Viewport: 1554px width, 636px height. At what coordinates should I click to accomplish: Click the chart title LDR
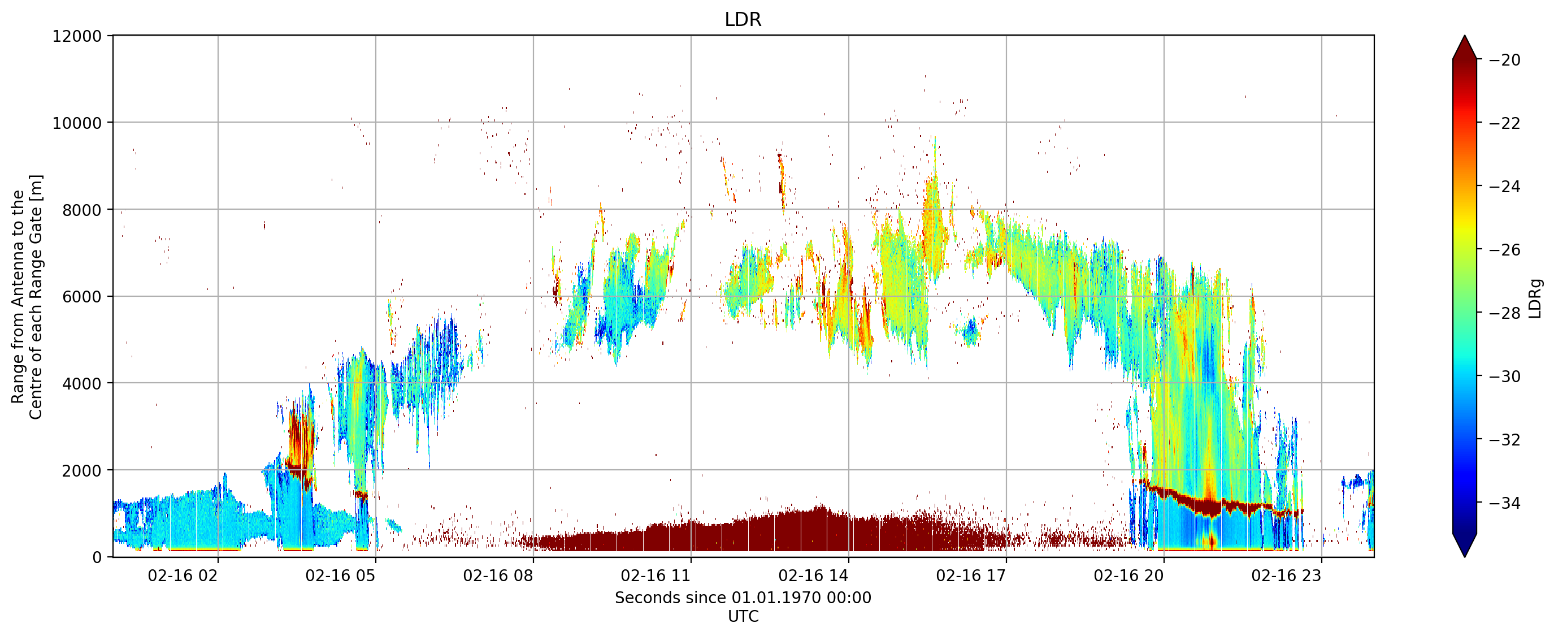743,19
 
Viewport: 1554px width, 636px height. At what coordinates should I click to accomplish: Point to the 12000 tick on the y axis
77,36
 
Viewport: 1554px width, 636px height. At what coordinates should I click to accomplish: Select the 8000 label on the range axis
81,210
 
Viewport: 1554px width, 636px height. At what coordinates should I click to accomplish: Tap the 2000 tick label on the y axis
81,471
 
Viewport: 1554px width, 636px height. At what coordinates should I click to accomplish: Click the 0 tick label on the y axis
97,557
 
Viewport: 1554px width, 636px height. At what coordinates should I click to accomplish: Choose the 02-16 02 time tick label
183,576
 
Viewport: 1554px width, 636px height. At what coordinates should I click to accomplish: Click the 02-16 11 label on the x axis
656,576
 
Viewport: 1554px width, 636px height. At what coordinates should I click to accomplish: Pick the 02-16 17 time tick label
971,576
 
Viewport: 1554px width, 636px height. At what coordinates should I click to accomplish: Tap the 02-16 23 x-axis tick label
1286,576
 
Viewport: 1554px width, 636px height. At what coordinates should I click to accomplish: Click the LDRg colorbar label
1535,298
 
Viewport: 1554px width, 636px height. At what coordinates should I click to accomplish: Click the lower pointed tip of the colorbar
1465,556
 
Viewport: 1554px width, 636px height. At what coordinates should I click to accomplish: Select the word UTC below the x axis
743,617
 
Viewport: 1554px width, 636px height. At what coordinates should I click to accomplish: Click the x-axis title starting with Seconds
743,598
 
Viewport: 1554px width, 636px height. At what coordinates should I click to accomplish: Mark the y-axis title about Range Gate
27,297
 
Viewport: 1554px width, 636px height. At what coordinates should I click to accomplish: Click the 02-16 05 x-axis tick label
340,576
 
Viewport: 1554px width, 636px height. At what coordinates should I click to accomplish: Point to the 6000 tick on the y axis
81,297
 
